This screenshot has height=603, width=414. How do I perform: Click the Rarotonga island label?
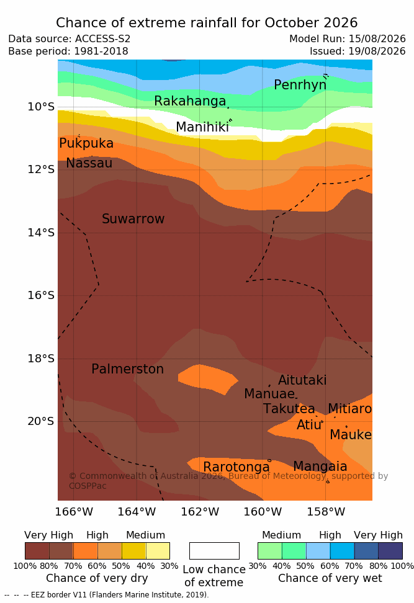click(x=236, y=467)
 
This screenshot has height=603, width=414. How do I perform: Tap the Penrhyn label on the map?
click(x=300, y=85)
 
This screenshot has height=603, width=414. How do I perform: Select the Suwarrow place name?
click(x=133, y=219)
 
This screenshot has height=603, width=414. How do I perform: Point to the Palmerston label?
click(x=127, y=369)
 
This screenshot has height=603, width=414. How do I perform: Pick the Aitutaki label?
click(x=302, y=380)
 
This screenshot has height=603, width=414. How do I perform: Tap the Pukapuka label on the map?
click(x=86, y=143)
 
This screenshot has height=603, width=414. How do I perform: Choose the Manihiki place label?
click(x=202, y=127)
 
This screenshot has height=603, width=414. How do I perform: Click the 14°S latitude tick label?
click(x=41, y=233)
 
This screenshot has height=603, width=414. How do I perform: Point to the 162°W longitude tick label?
click(x=200, y=512)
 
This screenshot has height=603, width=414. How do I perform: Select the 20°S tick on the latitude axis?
click(x=41, y=421)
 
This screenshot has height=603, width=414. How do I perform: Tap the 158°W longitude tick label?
click(x=326, y=512)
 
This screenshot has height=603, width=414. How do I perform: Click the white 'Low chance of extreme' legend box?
click(x=214, y=551)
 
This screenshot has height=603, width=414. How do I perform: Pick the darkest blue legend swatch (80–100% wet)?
click(x=390, y=551)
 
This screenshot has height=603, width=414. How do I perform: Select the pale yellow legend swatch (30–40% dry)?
click(x=158, y=551)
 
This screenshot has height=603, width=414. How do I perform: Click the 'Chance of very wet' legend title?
click(x=330, y=578)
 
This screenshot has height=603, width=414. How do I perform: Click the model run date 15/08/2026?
click(x=377, y=39)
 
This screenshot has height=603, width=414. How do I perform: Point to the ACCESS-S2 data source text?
click(x=103, y=39)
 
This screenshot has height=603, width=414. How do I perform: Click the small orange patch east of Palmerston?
click(x=208, y=379)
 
